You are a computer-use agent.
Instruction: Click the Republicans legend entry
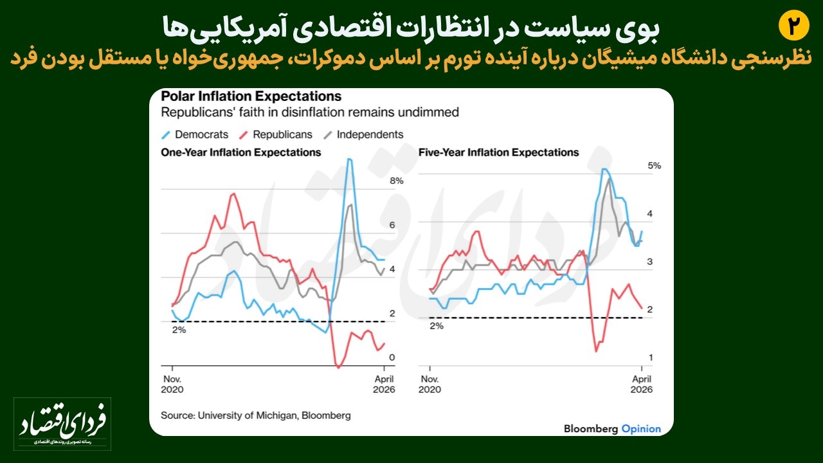(276, 134)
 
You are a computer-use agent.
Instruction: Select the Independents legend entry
(363, 134)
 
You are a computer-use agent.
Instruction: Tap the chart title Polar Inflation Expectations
(251, 96)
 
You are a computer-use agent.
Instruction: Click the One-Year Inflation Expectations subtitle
(240, 152)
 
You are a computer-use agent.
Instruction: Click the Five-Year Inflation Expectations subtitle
(498, 152)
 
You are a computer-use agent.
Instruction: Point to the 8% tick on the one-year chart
(396, 181)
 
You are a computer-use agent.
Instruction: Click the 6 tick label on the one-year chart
(392, 225)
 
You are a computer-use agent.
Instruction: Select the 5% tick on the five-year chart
(654, 165)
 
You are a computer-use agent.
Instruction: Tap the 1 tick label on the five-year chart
(651, 358)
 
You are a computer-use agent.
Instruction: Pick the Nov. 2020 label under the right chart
(430, 384)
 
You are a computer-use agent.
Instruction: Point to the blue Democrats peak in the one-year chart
(349, 159)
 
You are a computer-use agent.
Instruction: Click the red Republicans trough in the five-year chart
(596, 350)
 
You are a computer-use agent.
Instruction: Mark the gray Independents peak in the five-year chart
(610, 178)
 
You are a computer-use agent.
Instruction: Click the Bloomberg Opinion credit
(611, 428)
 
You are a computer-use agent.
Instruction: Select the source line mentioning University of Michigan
(256, 415)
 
